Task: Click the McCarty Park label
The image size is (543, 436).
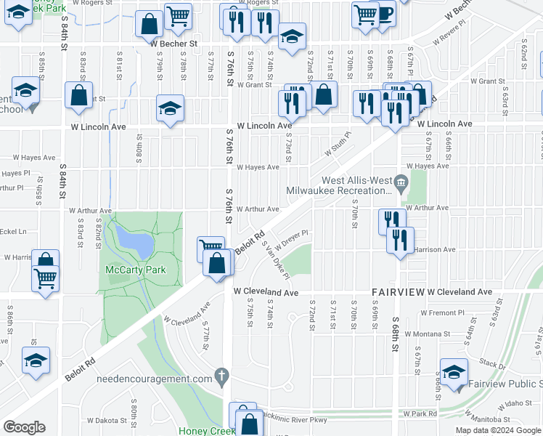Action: tap(136, 270)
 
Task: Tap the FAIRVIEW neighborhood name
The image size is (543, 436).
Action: tap(397, 292)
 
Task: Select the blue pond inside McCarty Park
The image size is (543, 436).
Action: tap(134, 243)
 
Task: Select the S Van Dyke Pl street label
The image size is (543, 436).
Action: tap(276, 259)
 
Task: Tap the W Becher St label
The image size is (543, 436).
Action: tap(174, 44)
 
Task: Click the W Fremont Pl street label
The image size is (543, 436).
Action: tap(442, 312)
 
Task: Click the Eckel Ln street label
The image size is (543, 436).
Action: tap(13, 232)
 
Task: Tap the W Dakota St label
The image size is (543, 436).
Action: tap(105, 420)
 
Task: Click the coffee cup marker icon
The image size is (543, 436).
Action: tap(383, 12)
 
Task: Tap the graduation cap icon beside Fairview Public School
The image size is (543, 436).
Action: tap(454, 373)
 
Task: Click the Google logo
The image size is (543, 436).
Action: tap(24, 427)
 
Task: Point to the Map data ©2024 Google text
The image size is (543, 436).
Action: tap(497, 430)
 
